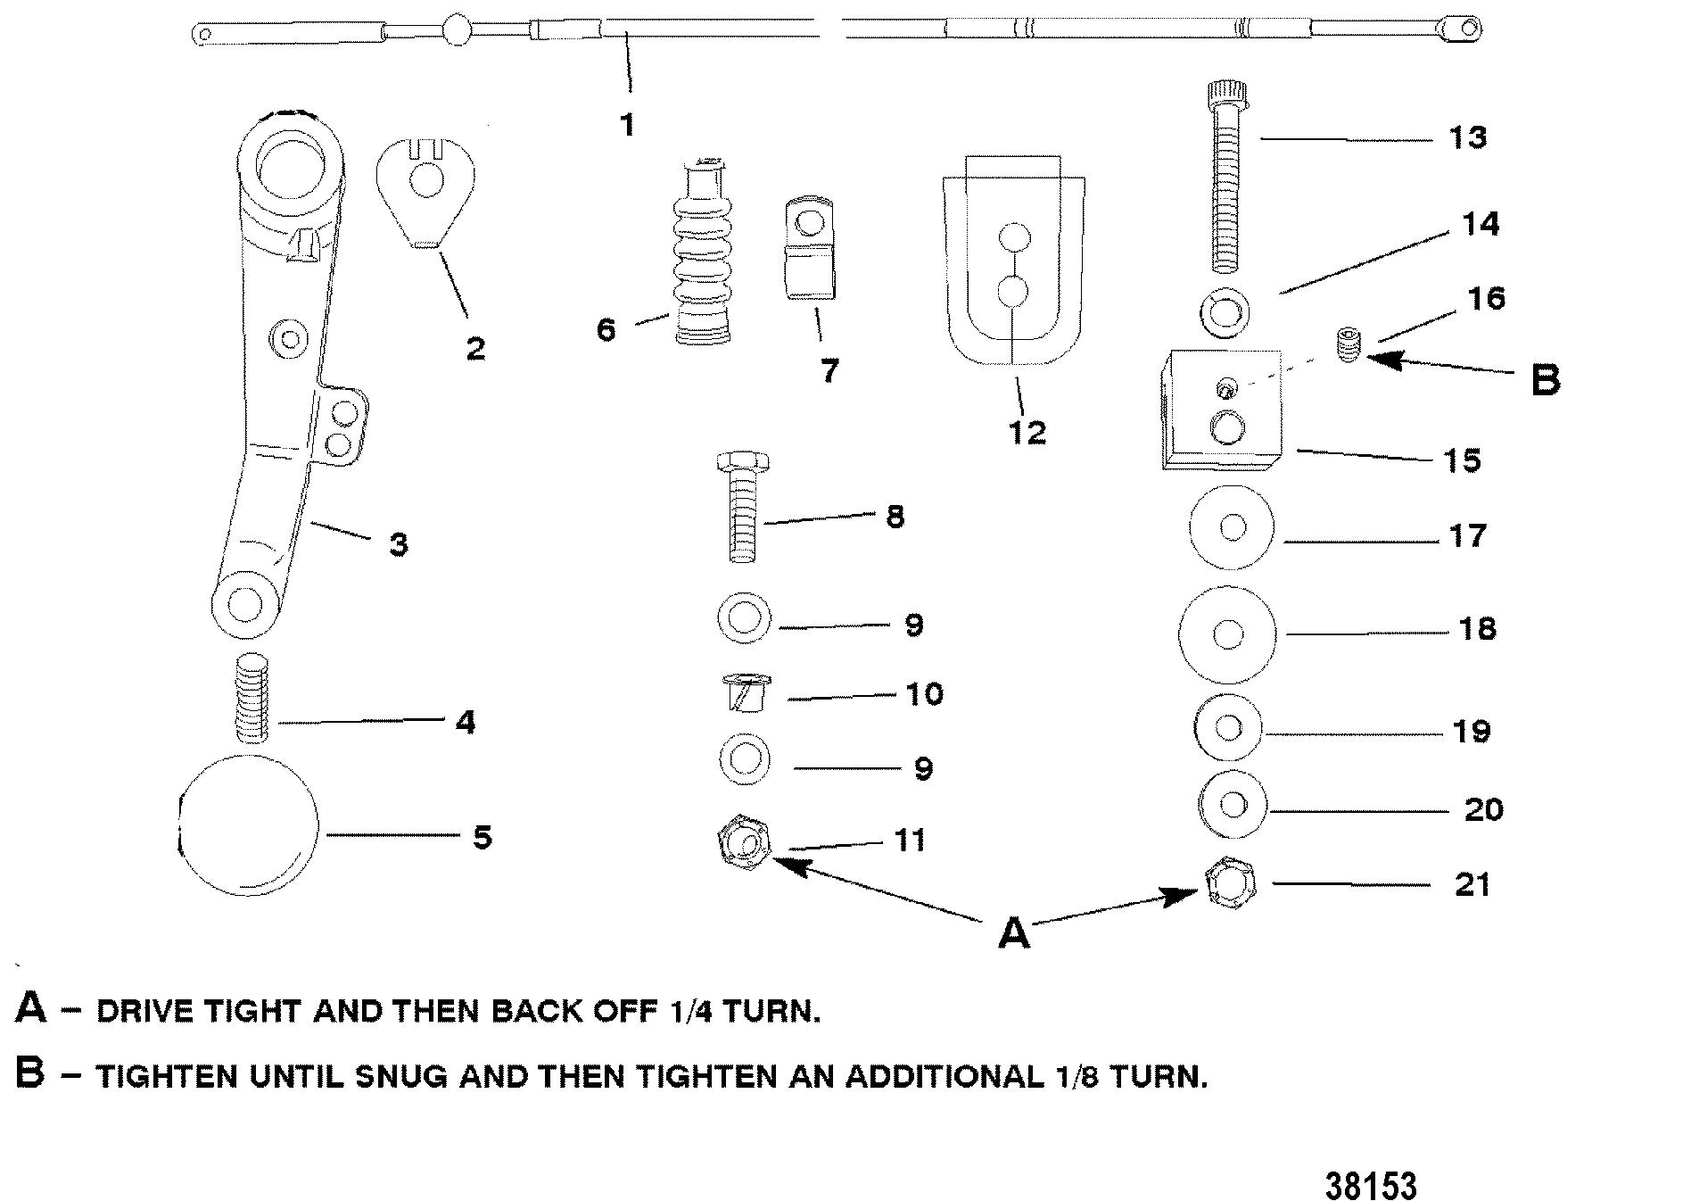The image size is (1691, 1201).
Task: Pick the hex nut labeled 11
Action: [x=744, y=841]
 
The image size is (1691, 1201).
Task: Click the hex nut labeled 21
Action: [x=1230, y=882]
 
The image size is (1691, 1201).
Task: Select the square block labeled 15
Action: [x=1222, y=410]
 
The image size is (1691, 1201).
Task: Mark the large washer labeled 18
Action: [x=1227, y=634]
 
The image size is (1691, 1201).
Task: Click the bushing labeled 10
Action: [x=744, y=693]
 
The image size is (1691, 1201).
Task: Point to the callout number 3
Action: [x=399, y=544]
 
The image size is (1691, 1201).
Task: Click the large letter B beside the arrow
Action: [x=1546, y=379]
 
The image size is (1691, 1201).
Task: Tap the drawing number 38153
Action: [x=1370, y=1186]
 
